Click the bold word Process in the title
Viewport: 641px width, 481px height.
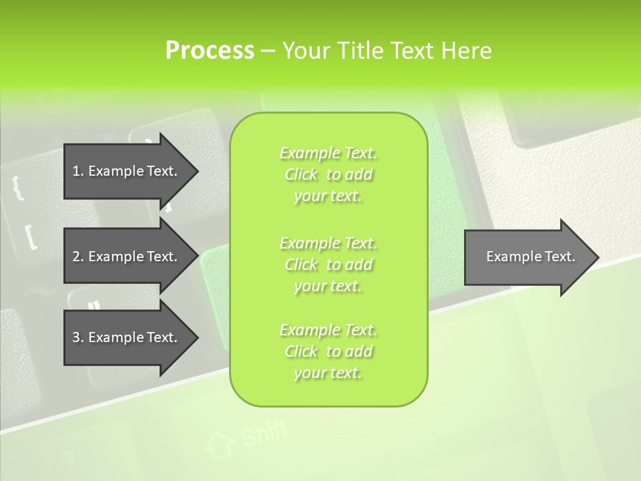pos(210,51)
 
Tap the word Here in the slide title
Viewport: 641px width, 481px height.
pos(466,51)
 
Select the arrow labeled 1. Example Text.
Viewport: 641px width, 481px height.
pos(127,171)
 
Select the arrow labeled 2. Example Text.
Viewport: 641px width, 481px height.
pos(127,257)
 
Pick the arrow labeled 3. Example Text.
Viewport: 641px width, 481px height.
pos(127,337)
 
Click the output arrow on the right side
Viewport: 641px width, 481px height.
pos(527,257)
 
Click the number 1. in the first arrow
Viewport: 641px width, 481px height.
pos(77,171)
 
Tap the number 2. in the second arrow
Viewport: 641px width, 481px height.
pos(77,257)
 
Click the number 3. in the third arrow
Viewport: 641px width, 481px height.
pos(77,337)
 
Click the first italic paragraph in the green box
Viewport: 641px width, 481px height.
pos(329,174)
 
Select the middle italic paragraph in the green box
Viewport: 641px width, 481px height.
pos(329,264)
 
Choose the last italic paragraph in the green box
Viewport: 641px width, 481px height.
pos(329,351)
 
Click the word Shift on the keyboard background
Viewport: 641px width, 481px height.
pos(263,435)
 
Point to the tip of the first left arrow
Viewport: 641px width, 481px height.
pos(198,171)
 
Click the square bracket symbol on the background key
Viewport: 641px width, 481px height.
pos(29,237)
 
